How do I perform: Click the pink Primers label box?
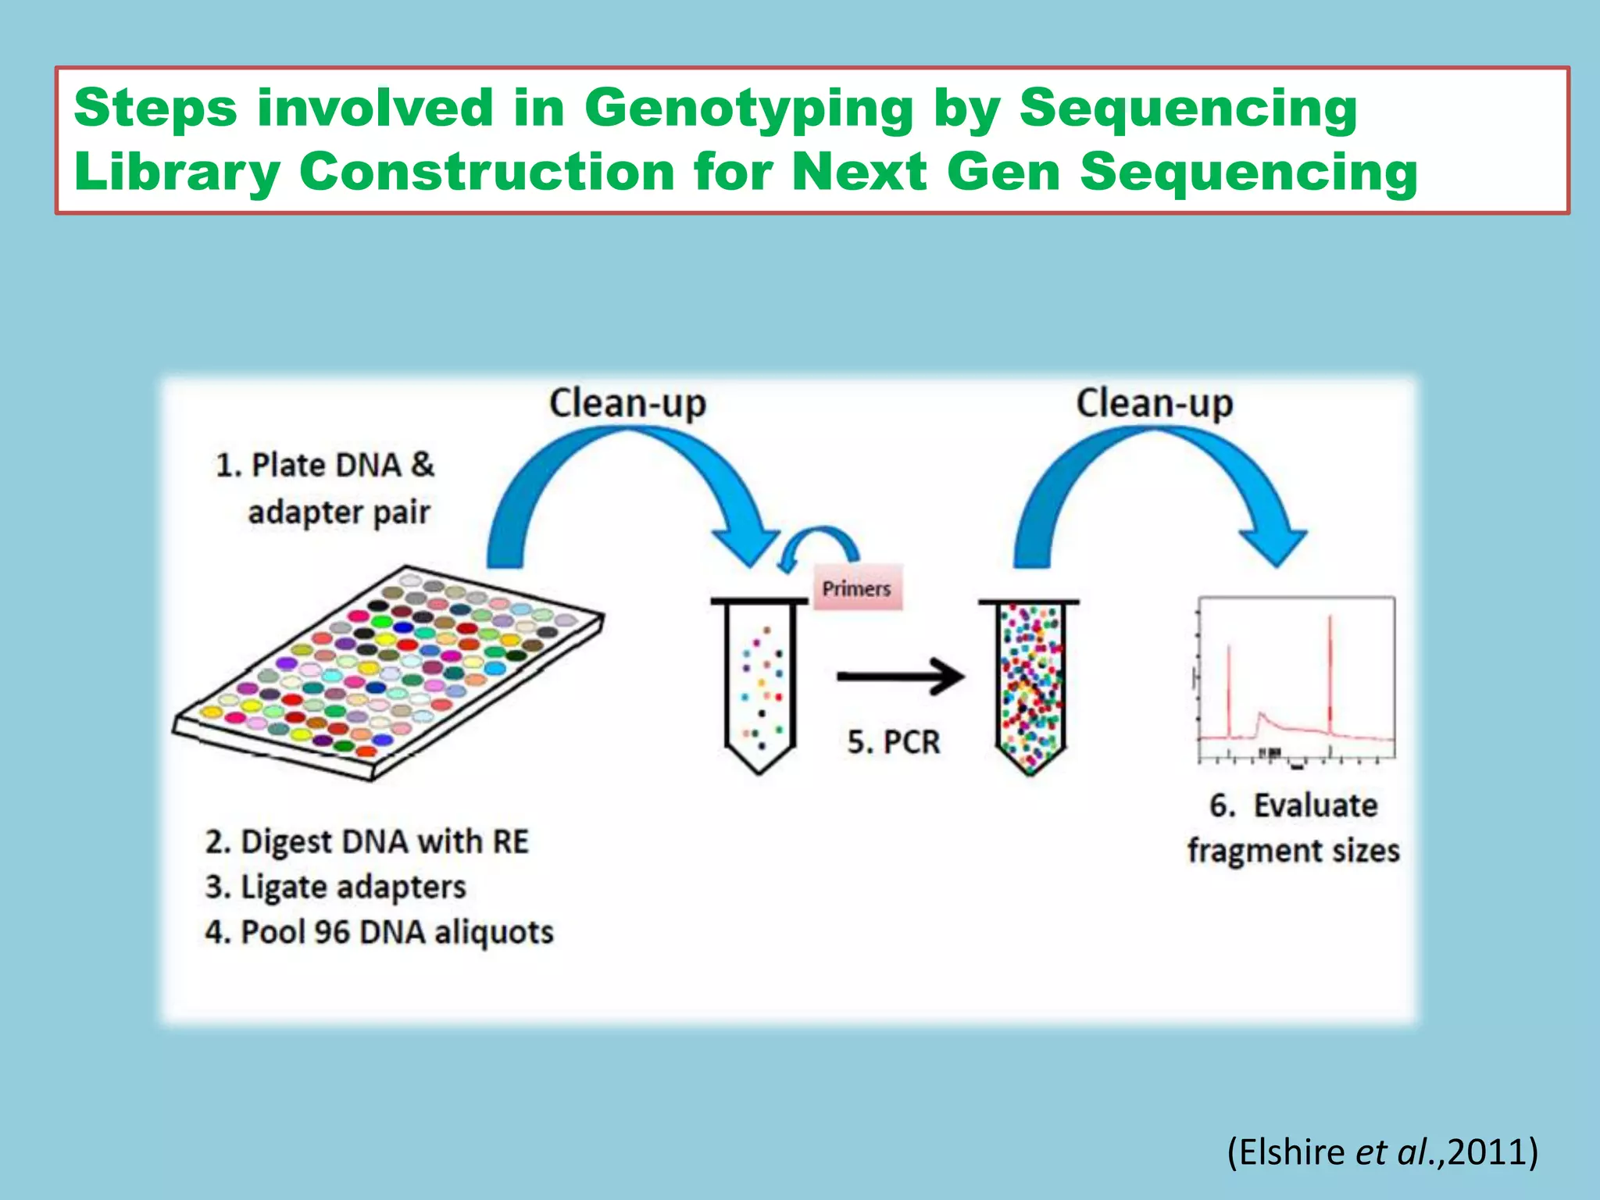pos(857,587)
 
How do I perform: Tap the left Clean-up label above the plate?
pos(627,404)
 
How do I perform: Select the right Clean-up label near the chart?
pos(1154,404)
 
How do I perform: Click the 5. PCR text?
pos(894,741)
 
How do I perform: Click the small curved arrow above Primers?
pos(820,543)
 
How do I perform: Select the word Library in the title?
pos(177,171)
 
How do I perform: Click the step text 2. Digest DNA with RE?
pos(367,841)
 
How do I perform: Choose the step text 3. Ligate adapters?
pos(336,887)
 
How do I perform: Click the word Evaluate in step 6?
pos(1316,805)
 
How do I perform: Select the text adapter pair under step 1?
pos(339,512)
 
